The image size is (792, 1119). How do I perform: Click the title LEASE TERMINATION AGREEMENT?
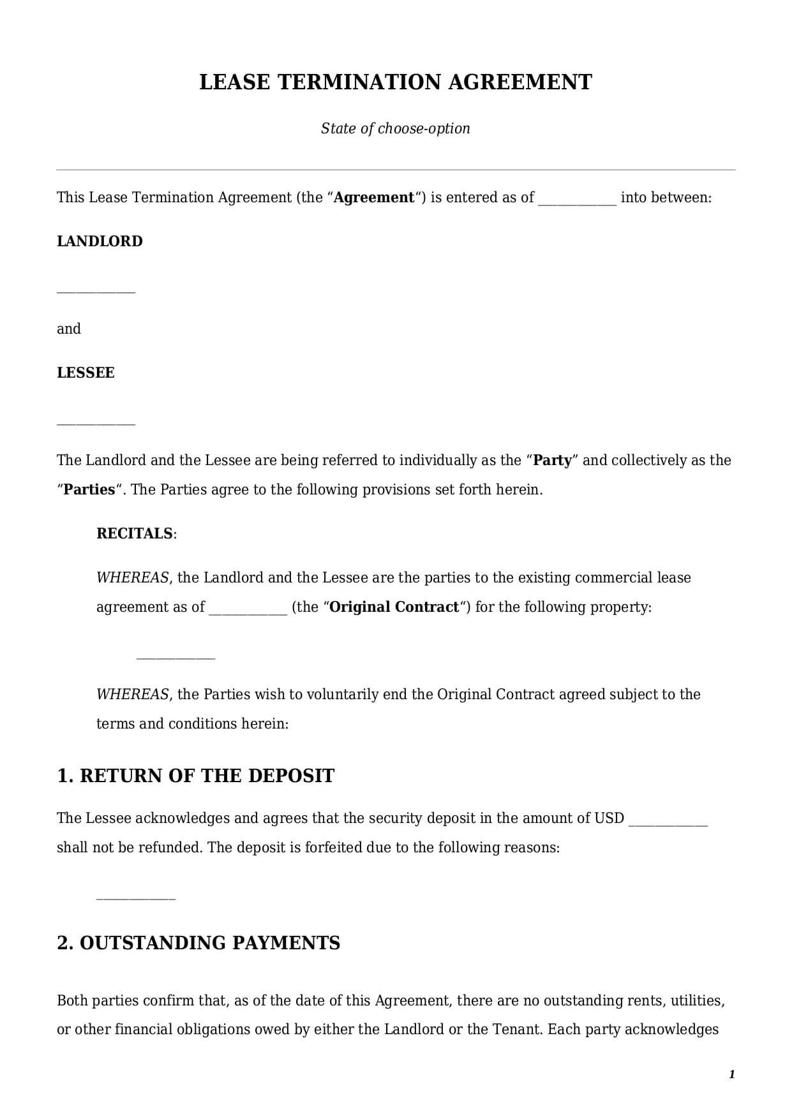coord(396,82)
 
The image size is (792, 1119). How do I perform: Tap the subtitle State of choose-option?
coord(396,128)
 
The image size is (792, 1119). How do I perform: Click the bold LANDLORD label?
coord(100,241)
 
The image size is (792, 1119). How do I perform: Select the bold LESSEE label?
coord(86,373)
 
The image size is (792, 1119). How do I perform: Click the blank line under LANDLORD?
coord(96,292)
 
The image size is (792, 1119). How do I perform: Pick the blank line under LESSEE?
coord(96,423)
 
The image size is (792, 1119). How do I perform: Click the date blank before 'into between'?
coord(577,203)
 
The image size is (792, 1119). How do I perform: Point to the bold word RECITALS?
coord(134,533)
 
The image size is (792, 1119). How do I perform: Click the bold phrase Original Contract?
coord(394,607)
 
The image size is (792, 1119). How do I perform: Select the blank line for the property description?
coord(176,657)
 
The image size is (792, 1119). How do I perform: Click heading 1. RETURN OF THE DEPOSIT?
coord(195,776)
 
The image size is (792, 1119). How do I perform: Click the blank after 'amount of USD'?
coord(668,824)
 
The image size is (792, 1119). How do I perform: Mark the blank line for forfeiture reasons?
coord(135,898)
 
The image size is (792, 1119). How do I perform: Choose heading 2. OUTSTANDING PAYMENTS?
coord(198,943)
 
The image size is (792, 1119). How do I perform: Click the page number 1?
coord(731,1074)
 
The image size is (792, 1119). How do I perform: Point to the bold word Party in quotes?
coord(552,460)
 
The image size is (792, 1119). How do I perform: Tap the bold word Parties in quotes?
coord(89,489)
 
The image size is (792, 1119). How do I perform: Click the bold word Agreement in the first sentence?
coord(374,197)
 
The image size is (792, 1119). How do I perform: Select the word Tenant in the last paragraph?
coord(516,1029)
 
